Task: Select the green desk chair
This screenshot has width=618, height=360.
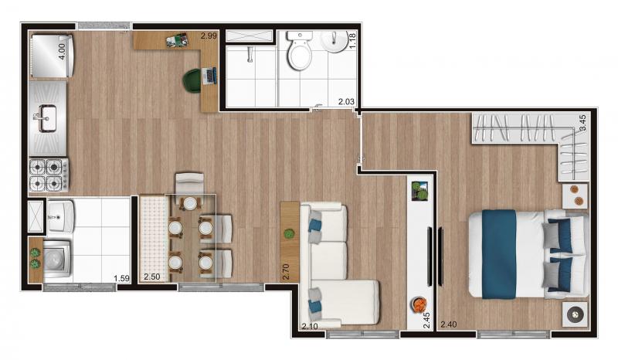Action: point(192,82)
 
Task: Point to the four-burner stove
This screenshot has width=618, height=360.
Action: point(49,175)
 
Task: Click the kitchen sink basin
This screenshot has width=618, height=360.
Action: point(47,118)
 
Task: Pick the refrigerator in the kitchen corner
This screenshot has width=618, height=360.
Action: point(52,56)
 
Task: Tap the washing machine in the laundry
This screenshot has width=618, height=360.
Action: point(57,260)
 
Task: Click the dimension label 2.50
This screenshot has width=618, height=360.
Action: point(151,277)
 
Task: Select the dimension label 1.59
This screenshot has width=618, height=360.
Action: point(121,278)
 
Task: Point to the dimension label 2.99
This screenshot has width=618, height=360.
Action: point(209,36)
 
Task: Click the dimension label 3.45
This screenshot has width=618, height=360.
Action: point(582,123)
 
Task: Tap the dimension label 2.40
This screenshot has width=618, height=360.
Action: point(449,324)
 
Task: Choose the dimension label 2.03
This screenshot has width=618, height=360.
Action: point(346,102)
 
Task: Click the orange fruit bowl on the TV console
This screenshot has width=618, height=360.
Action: point(419,304)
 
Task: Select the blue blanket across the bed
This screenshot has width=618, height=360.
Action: point(499,254)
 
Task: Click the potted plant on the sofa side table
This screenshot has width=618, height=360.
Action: point(289,234)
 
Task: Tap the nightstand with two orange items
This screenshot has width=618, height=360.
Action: point(575,195)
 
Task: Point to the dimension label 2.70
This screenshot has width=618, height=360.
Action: point(286,272)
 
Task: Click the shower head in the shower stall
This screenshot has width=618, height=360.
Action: point(250,55)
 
